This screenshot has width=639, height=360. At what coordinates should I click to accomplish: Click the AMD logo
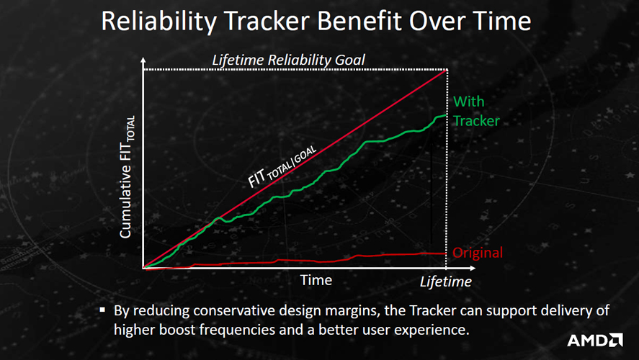point(594,340)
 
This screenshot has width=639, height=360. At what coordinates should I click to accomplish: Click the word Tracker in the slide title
point(268,21)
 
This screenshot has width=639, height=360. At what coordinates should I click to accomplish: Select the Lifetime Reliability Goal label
point(289,60)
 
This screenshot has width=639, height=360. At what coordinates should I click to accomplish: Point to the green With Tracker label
point(476,111)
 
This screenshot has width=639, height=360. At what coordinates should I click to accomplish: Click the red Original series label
point(478,253)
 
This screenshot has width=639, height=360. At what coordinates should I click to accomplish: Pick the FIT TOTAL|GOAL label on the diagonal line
point(282,166)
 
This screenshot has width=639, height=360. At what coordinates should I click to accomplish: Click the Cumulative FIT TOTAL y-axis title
point(127,176)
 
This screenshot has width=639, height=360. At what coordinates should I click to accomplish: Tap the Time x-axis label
point(316,280)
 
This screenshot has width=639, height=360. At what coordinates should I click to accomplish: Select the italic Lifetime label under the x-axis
point(446,282)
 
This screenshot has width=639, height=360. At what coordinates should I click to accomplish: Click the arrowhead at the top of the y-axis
point(143,60)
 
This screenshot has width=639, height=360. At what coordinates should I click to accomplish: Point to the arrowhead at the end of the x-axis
point(473,268)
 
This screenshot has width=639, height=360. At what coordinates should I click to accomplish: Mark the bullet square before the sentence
point(102,310)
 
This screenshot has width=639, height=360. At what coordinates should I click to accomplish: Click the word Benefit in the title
point(360,21)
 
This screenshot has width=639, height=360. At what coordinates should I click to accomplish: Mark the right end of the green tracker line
point(447,115)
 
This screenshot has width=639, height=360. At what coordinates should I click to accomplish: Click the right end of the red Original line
point(446,253)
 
